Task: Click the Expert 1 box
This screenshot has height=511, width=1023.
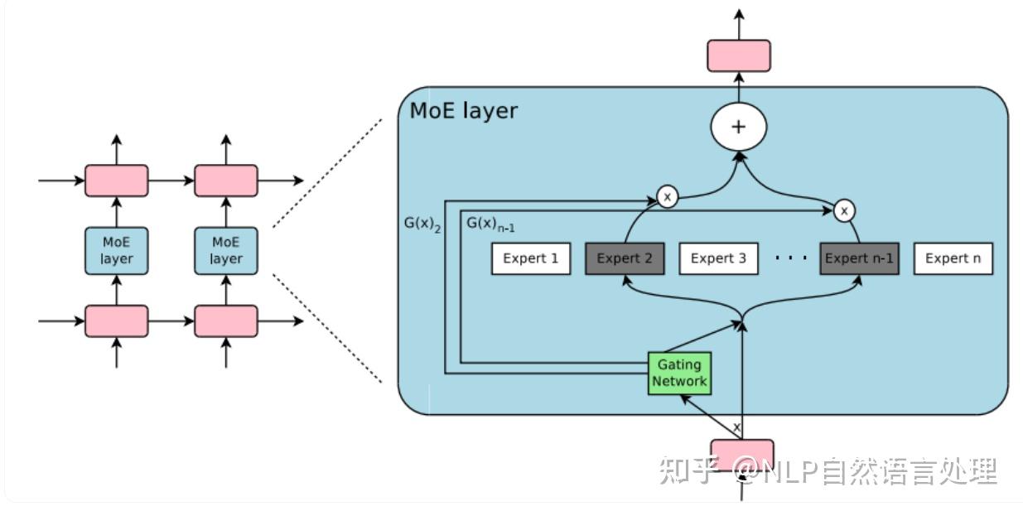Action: (x=530, y=258)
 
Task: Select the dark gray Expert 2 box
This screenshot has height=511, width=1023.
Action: (x=625, y=258)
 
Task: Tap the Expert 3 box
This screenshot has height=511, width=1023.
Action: (x=718, y=258)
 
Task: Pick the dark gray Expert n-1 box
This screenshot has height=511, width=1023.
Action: (x=858, y=258)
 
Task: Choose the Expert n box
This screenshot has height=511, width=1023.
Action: (x=953, y=258)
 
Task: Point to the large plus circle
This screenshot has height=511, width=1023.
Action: (x=738, y=127)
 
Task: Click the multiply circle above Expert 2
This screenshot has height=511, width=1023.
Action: (x=667, y=196)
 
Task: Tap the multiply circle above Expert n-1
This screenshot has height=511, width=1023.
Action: (x=843, y=211)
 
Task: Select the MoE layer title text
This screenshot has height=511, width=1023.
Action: (x=463, y=110)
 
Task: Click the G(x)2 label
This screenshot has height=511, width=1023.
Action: (x=422, y=224)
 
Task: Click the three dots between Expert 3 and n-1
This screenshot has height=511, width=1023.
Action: (x=790, y=258)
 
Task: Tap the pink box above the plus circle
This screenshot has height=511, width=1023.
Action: (x=738, y=55)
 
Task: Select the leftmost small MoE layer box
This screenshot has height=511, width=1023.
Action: (x=117, y=250)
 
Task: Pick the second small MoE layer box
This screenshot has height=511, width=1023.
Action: (x=225, y=250)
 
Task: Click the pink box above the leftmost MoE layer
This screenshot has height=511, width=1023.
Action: (x=117, y=181)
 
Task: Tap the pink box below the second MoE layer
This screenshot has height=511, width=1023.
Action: (x=225, y=321)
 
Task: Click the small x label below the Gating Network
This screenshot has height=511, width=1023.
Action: (x=736, y=427)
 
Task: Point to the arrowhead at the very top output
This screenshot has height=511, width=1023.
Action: (x=738, y=14)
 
